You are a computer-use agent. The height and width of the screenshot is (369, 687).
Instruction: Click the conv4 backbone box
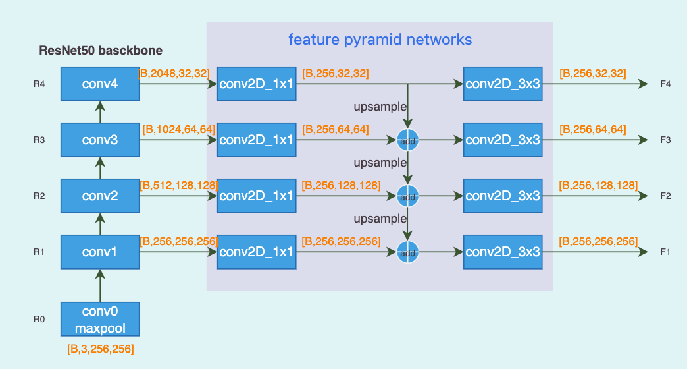coord(100,84)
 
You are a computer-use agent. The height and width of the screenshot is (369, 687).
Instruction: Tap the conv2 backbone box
coord(100,196)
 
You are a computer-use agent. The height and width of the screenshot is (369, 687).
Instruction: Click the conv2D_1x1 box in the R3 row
coord(257,140)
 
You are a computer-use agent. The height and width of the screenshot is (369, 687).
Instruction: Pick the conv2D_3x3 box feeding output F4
coord(503,84)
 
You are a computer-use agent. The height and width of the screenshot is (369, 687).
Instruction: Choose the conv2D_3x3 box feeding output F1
coord(503,252)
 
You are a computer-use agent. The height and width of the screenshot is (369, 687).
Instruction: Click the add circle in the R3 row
coord(408,140)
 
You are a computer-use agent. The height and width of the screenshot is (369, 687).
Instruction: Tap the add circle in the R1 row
coord(408,252)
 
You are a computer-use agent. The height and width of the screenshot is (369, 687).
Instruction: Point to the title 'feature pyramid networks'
coord(380,40)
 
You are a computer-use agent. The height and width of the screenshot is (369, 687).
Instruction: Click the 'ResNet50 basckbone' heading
coord(101,51)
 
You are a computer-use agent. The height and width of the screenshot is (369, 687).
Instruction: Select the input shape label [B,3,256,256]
coord(101,349)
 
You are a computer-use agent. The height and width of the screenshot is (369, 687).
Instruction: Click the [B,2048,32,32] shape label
coord(174,73)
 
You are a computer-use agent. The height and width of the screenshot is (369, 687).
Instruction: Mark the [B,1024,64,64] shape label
coord(178,129)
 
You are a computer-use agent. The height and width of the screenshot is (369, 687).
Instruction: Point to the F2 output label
coord(665,196)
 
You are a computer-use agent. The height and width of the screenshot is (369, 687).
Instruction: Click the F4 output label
coord(665,84)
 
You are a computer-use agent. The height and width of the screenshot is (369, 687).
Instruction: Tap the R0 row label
coord(39,320)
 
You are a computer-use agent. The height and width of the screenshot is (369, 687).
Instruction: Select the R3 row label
coord(39,140)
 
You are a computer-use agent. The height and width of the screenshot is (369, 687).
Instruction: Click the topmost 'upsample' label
coord(380,106)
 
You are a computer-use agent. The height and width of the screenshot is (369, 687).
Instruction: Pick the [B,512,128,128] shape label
coord(178,186)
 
